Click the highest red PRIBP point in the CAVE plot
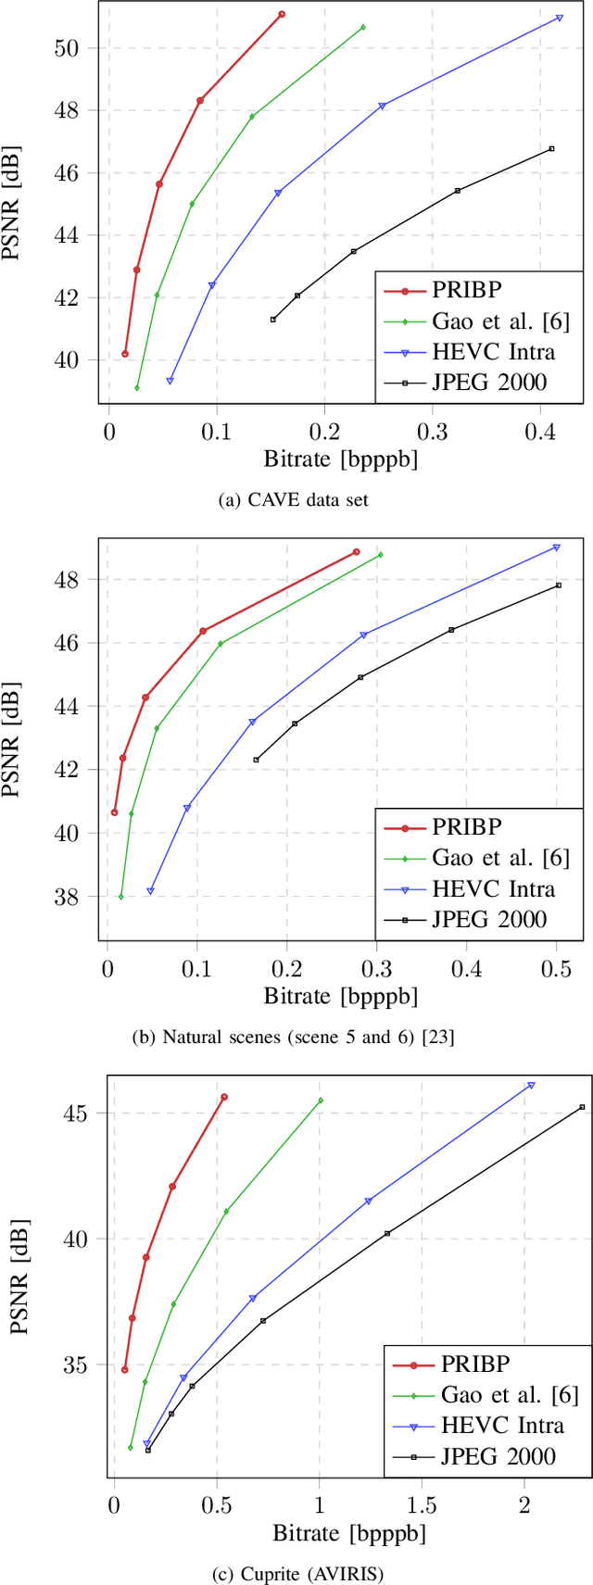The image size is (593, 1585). [x=282, y=14]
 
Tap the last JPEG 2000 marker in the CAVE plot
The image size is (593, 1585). [x=551, y=148]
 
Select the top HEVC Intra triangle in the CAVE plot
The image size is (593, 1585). [x=560, y=18]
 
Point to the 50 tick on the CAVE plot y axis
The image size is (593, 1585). [x=79, y=48]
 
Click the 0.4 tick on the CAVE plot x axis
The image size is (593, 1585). [x=538, y=430]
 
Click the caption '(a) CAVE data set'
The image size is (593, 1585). [x=293, y=499]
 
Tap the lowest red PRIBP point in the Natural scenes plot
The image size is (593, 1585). [x=115, y=812]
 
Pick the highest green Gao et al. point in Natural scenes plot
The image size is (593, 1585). [x=380, y=555]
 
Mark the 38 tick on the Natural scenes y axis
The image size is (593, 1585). [x=79, y=897]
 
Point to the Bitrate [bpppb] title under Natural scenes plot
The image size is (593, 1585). [x=340, y=997]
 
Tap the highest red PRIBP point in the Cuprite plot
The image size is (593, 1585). [x=224, y=1097]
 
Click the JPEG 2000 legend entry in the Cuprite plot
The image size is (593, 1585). [x=498, y=1455]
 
